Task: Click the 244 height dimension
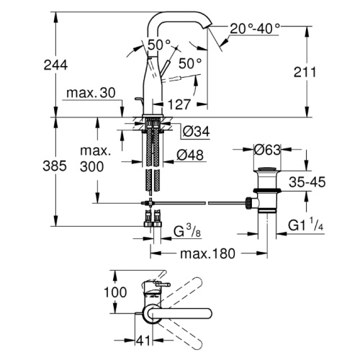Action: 55,65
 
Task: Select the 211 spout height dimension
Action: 305,72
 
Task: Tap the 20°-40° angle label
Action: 255,29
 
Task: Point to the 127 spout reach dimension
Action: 179,104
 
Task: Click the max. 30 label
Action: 91,93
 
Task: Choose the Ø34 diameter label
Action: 196,132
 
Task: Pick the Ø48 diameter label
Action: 190,155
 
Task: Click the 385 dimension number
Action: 55,166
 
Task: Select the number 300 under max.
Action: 92,166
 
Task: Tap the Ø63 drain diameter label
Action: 267,150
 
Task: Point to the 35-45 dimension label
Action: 307,182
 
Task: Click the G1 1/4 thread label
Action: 306,225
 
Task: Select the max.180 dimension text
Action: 207,253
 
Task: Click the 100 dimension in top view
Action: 115,292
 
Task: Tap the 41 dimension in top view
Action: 143,341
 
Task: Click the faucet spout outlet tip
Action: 208,27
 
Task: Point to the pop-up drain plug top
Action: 267,168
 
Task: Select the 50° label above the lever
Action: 159,45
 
